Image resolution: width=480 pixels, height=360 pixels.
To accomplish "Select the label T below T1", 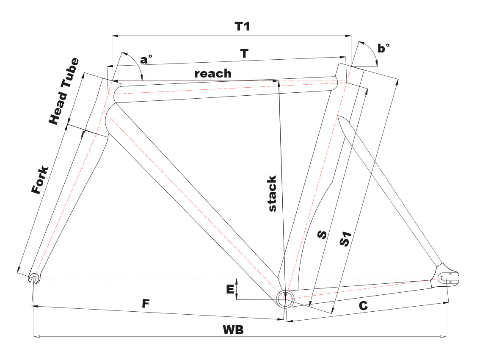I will point(244,54).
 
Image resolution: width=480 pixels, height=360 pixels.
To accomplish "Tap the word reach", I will point(213,74).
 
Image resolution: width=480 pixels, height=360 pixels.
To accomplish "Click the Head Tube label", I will point(64,91).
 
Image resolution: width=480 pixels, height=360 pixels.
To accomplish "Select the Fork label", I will point(41,180).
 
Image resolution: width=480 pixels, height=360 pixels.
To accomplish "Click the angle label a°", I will point(146,60).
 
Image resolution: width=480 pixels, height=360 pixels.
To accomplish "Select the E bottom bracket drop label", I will point(230,289).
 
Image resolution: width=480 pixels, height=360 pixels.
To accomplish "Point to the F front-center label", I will point(146,304).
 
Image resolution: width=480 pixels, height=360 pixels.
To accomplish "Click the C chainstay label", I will point(363,306).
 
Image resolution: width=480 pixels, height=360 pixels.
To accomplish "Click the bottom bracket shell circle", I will point(285,298).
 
